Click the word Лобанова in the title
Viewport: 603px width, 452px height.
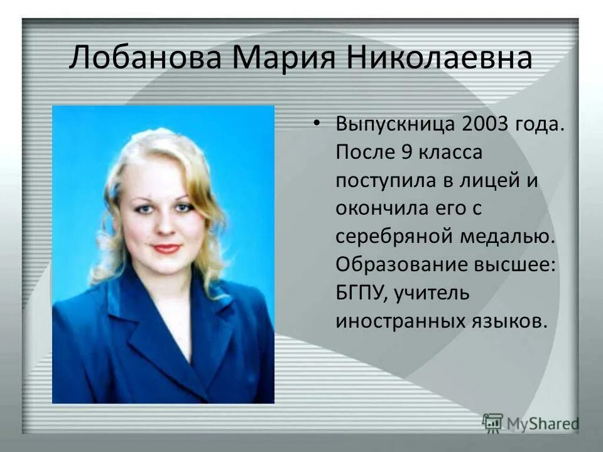[x=146, y=58]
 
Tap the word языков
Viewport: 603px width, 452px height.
[x=506, y=321]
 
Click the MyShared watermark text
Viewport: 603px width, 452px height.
[x=543, y=423]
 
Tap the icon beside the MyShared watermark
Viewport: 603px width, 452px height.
[x=492, y=422]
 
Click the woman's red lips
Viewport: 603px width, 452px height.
[x=167, y=249]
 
